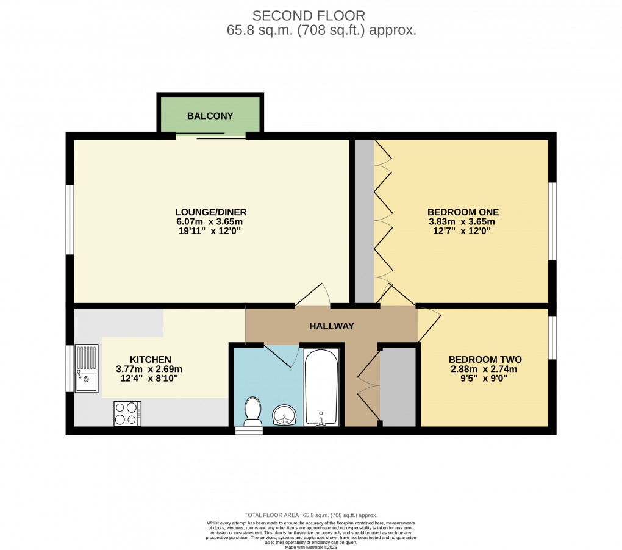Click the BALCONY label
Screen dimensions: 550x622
pos(210,116)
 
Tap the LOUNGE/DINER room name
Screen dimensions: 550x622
pos(210,212)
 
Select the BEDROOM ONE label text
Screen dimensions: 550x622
pos(463,212)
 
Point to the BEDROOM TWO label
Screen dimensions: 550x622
pos(485,359)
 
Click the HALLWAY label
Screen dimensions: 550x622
pos(332,326)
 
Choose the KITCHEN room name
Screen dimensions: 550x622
pos(149,359)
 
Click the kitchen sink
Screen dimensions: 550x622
pos(86,369)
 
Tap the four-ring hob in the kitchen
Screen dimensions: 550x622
pos(127,413)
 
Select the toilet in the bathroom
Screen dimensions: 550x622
pos(252,412)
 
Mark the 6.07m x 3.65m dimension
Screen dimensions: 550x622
pos(210,222)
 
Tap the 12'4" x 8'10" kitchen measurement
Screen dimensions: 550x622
pos(149,379)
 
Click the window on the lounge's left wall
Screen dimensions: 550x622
pos(70,220)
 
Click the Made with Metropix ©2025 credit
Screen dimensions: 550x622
pos(311,546)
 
